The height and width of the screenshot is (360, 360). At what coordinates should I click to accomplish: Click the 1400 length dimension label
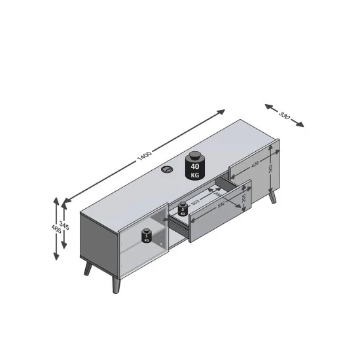[x=145, y=157]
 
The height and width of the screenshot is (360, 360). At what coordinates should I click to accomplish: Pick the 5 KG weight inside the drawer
[x=182, y=209]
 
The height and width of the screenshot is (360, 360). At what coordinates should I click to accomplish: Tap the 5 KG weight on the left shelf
[x=147, y=236]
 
